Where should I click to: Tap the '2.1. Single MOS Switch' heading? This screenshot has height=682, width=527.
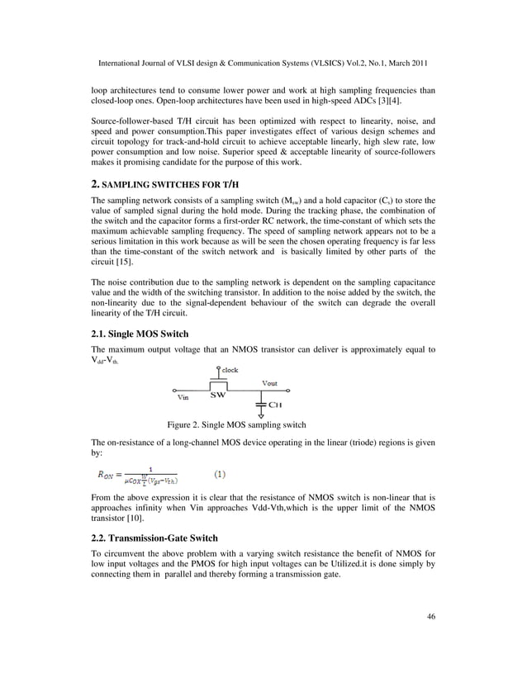(x=140, y=334)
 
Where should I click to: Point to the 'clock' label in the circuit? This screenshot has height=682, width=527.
(x=229, y=370)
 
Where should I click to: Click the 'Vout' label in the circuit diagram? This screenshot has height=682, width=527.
(x=269, y=383)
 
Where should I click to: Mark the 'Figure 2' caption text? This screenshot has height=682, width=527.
(x=236, y=424)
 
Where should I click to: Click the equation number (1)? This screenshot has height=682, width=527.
(x=221, y=474)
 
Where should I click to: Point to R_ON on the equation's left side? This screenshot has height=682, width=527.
(x=107, y=475)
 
